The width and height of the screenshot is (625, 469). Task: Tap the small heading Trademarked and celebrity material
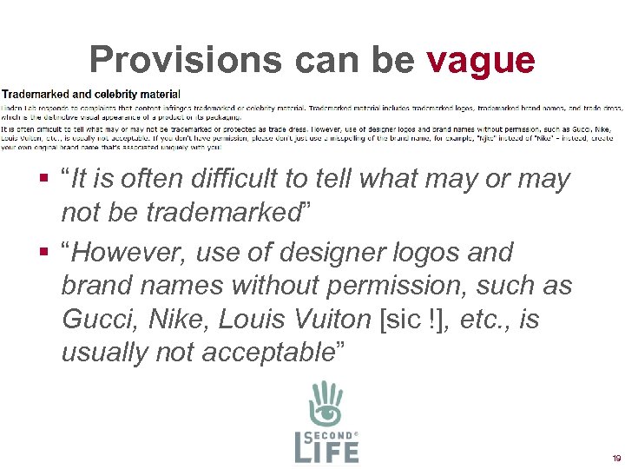pyautogui.click(x=91, y=94)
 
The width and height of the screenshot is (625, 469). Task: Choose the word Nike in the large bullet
pyautogui.click(x=177, y=319)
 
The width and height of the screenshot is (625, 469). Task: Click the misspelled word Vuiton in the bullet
pyautogui.click(x=331, y=319)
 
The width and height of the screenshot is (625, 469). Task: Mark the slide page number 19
pyautogui.click(x=615, y=458)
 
